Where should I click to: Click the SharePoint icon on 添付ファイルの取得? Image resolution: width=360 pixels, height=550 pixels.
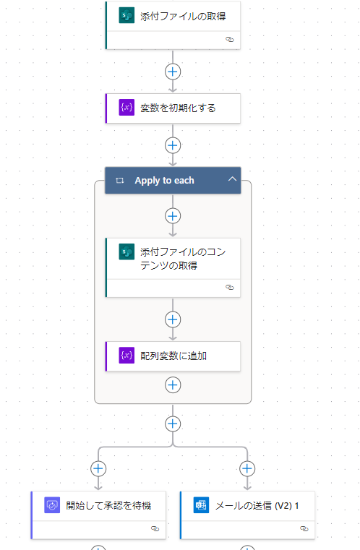click(127, 16)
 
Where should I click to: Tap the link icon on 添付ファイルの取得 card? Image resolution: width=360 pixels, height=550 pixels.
click(229, 39)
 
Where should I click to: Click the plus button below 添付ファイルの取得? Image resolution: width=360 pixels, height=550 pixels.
click(173, 72)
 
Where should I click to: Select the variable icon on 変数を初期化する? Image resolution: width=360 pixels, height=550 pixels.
click(127, 108)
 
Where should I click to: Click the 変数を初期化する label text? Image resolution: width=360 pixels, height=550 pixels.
click(178, 108)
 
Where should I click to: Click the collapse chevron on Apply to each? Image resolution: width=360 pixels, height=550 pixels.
click(232, 179)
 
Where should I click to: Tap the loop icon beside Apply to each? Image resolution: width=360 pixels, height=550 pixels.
click(120, 180)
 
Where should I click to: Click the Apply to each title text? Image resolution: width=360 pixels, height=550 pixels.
click(164, 181)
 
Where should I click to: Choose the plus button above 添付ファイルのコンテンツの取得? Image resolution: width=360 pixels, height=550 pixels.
click(173, 216)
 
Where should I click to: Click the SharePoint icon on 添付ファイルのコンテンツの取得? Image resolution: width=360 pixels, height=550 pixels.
click(127, 252)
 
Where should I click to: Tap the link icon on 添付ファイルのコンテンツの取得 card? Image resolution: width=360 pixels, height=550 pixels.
click(229, 287)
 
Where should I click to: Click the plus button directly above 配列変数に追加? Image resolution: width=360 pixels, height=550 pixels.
click(173, 319)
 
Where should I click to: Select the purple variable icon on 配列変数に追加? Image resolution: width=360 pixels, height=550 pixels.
click(127, 356)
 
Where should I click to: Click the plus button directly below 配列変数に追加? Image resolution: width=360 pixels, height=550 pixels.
click(173, 385)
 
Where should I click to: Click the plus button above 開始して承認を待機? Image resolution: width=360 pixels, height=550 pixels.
click(98, 468)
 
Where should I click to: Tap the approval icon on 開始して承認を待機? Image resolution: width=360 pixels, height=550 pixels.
click(52, 505)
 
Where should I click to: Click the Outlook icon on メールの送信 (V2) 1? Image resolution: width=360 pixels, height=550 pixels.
click(201, 505)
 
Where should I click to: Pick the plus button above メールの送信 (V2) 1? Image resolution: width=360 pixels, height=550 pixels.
click(247, 468)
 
